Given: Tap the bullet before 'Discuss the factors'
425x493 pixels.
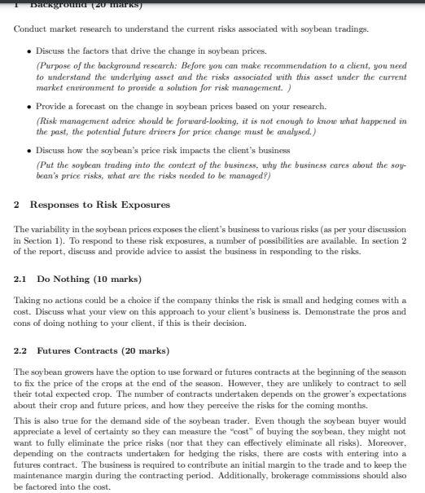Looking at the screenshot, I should [30, 51].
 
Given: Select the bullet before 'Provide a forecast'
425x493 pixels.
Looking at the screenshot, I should [30, 107].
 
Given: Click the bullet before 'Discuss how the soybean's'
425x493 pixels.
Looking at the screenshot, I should [30, 151].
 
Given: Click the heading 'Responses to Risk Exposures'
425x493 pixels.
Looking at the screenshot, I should [99, 204].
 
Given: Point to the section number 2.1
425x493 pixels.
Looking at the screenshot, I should [21, 280].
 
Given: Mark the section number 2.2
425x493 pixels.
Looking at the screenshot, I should [21, 351].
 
